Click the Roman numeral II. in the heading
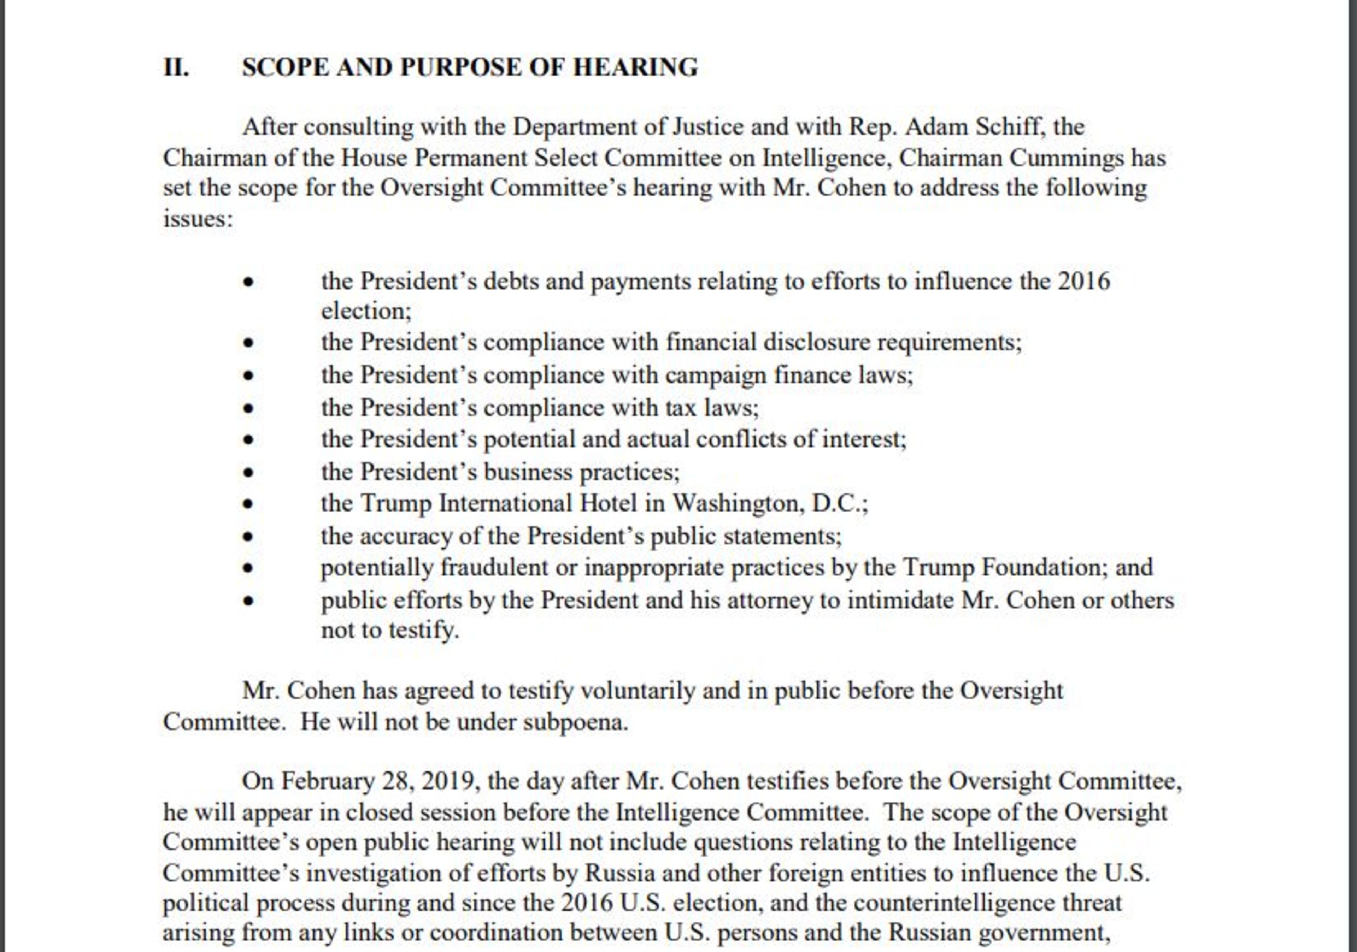pyautogui.click(x=176, y=67)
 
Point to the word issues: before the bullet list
pyautogui.click(x=198, y=219)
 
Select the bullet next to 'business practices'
pyautogui.click(x=248, y=473)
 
